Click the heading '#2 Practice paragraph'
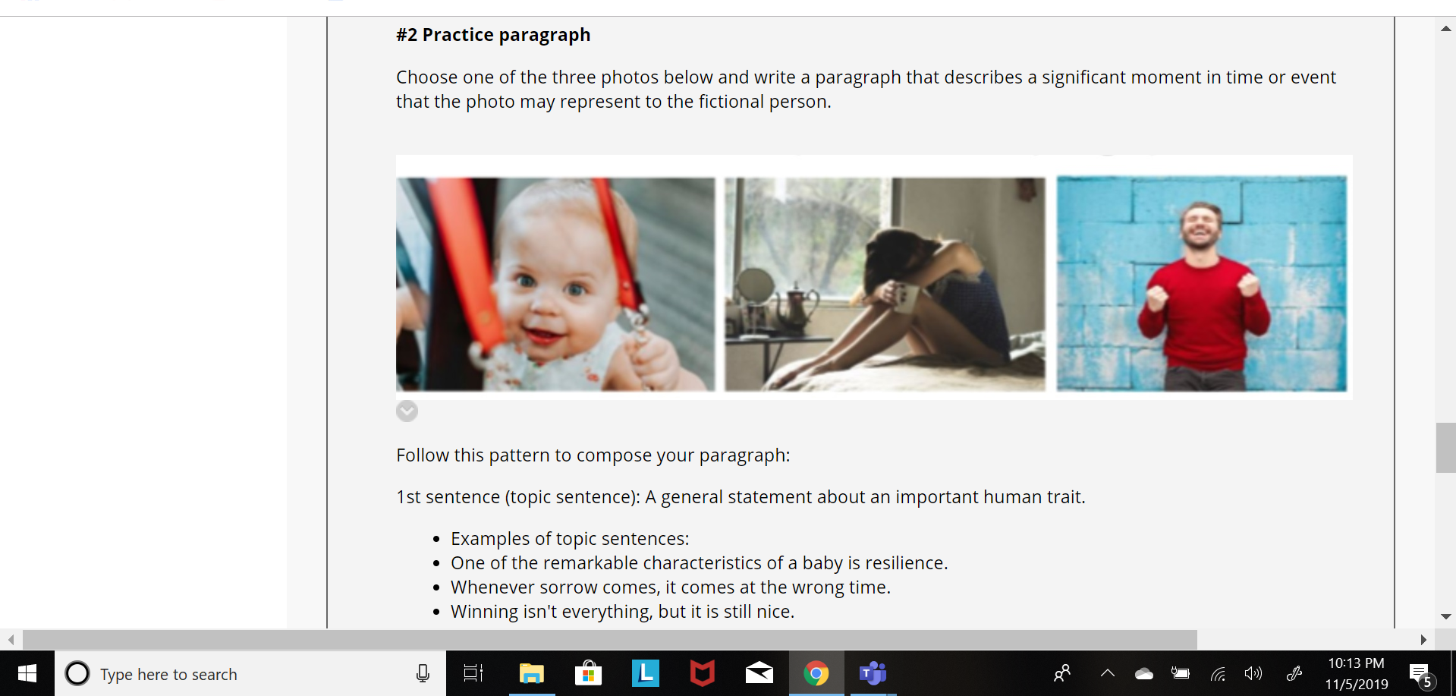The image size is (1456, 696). tap(493, 35)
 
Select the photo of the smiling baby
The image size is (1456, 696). tap(555, 285)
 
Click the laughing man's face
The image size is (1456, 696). tap(1200, 225)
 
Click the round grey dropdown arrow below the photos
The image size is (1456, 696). tap(407, 411)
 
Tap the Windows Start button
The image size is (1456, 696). tap(27, 673)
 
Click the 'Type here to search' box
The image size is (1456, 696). tap(250, 673)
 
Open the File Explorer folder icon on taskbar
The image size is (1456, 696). tap(532, 673)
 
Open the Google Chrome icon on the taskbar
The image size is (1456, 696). tap(816, 673)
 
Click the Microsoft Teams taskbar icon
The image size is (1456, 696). tap(873, 673)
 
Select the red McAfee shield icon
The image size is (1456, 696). tap(703, 673)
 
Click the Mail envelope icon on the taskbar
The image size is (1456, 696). tap(759, 673)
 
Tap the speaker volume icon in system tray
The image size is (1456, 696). tap(1253, 673)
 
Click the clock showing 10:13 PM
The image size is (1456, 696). tap(1356, 663)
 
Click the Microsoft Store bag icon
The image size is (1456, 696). tap(589, 673)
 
